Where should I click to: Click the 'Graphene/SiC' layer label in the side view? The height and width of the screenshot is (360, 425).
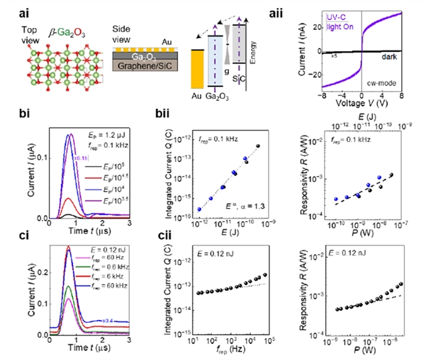point(139,67)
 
